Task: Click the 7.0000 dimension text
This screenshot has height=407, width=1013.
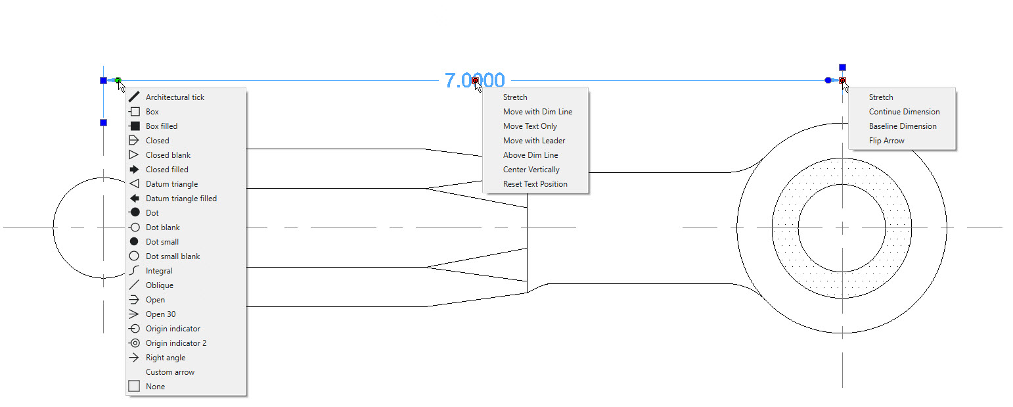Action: (474, 81)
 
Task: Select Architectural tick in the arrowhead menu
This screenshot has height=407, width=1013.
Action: (175, 97)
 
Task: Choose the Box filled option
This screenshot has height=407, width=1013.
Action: (162, 126)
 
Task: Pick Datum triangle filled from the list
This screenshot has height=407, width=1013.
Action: (181, 199)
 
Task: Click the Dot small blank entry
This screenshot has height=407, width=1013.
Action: (172, 256)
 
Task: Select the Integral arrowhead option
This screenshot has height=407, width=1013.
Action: (159, 271)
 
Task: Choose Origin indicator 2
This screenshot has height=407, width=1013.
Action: (176, 343)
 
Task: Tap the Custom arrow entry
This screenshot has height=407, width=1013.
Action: (169, 372)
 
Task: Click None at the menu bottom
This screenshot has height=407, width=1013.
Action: (155, 387)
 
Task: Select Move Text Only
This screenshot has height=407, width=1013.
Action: (530, 126)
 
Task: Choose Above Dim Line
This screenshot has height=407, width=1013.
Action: (530, 155)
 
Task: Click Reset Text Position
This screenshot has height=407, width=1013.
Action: (535, 184)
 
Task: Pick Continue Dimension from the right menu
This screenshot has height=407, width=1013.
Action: (904, 111)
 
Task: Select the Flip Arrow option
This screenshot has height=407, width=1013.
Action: (886, 140)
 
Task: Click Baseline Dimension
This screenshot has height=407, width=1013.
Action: (902, 126)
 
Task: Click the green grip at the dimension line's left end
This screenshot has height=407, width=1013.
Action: (118, 81)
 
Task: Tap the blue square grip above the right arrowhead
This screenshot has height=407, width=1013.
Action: (842, 68)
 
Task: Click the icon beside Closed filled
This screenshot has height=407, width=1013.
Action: (134, 170)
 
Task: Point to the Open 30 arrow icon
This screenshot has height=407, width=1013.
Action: (134, 314)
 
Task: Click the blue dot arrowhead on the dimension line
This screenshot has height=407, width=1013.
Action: (828, 81)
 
